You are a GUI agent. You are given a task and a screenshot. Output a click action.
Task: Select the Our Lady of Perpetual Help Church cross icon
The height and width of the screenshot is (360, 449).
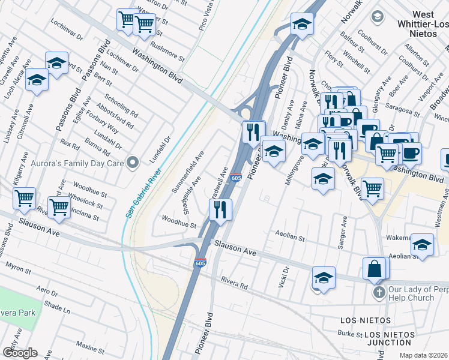[378, 293]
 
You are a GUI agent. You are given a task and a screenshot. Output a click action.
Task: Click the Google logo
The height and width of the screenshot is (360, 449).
[20, 353]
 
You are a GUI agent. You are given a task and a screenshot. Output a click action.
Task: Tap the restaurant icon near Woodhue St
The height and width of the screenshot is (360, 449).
[220, 209]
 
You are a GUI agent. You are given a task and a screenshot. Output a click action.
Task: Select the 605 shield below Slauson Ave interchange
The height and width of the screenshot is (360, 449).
[200, 263]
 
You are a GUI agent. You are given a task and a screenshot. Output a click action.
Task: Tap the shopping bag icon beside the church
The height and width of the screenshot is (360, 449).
[375, 269]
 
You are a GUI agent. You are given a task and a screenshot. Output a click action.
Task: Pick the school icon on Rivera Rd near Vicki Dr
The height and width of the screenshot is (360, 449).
[323, 277]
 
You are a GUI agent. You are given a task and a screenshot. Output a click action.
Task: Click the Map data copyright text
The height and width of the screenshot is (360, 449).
[423, 355]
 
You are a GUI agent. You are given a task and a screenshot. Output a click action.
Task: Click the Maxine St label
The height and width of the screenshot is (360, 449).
[91, 347]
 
